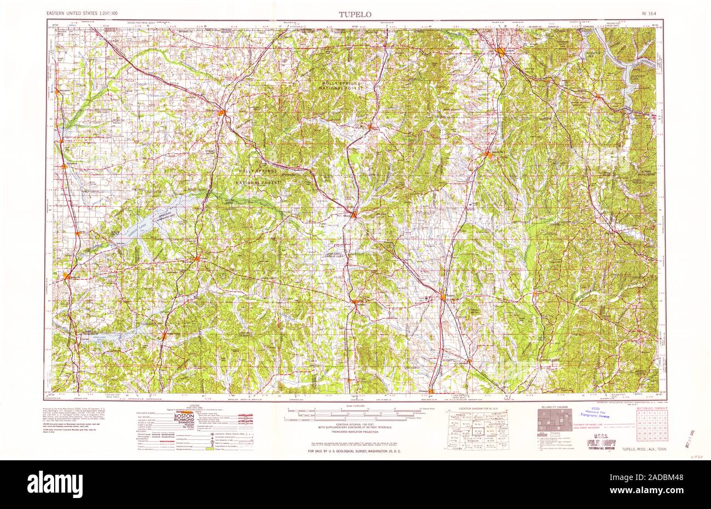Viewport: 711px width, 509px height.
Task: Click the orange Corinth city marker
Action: [x=502, y=53]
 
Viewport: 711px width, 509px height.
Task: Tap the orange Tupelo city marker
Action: [x=444, y=297]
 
